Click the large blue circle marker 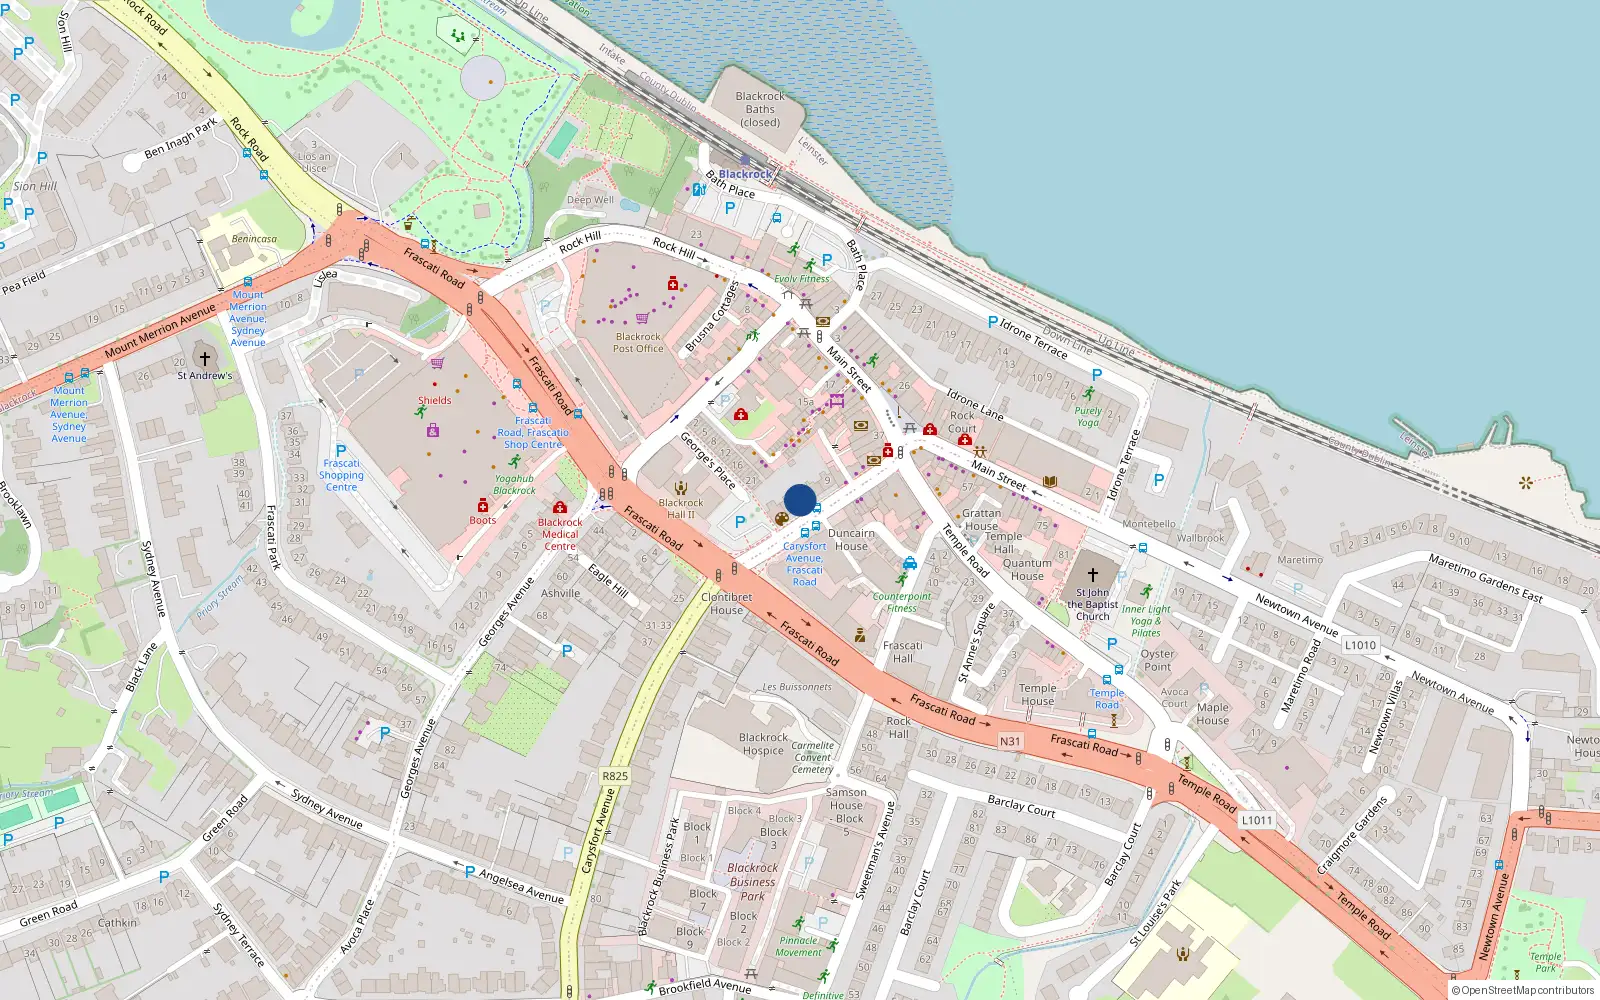[x=800, y=500]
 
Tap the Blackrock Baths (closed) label [x=760, y=109]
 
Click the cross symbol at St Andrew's [x=205, y=358]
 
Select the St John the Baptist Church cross [x=1093, y=575]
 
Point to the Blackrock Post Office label [x=638, y=343]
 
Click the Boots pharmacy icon [x=483, y=506]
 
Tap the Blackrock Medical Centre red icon [x=560, y=508]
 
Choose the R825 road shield [x=615, y=776]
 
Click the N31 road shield [x=1010, y=741]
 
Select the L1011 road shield [x=1257, y=820]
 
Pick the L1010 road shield [x=1360, y=645]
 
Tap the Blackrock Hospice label [x=763, y=744]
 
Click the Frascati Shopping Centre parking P [x=341, y=451]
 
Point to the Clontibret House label [x=727, y=603]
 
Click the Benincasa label [x=254, y=239]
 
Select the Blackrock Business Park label [x=752, y=882]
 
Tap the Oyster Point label [x=1157, y=660]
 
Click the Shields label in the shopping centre [x=435, y=400]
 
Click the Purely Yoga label [x=1088, y=416]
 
